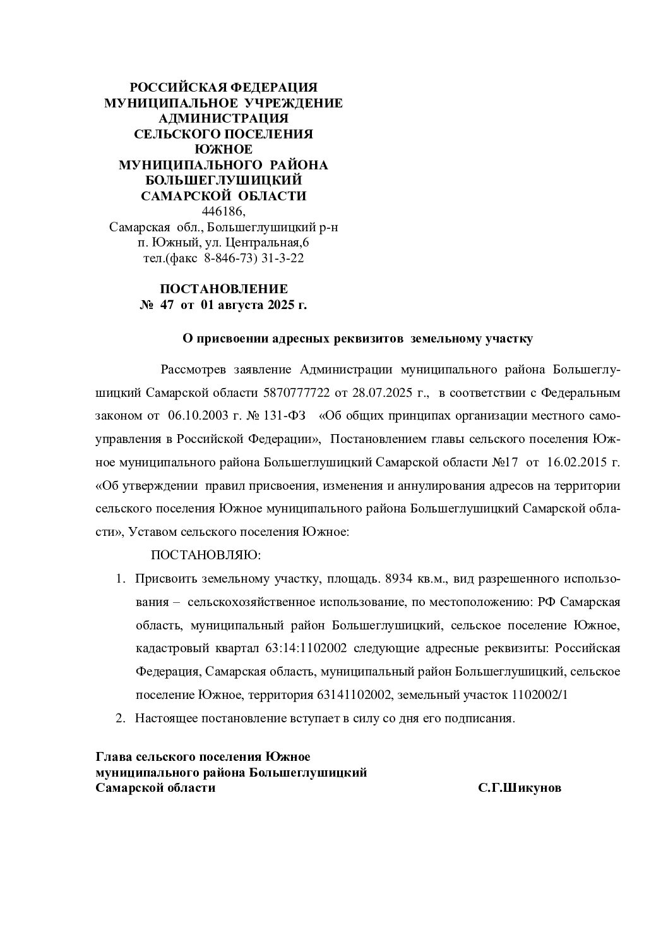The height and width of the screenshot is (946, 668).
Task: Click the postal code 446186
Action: (x=224, y=211)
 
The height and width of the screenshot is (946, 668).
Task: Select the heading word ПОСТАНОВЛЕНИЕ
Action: (x=224, y=289)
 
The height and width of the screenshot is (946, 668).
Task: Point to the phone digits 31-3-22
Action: (x=283, y=258)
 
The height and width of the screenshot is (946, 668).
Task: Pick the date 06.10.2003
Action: (x=196, y=416)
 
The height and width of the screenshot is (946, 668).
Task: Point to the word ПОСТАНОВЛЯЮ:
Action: (x=205, y=555)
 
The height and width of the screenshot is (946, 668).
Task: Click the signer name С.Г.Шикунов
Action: (x=519, y=788)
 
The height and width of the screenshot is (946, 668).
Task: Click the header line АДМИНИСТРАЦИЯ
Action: (x=224, y=118)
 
